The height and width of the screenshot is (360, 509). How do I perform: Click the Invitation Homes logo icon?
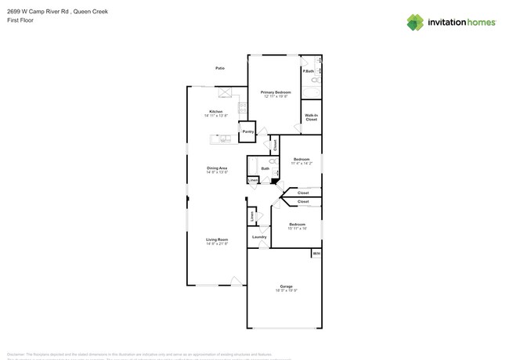click(x=415, y=22)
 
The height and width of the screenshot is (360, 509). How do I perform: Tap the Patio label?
click(x=220, y=68)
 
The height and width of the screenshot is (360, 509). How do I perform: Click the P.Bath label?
click(x=308, y=72)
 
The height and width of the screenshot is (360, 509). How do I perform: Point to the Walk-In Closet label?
click(x=311, y=117)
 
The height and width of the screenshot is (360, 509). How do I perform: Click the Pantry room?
click(x=247, y=131)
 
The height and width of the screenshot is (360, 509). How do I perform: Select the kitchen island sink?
click(x=224, y=139)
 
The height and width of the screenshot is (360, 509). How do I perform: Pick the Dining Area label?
click(x=217, y=167)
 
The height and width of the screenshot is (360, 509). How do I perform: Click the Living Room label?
click(x=217, y=239)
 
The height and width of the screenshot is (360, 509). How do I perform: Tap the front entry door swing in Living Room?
click(x=236, y=281)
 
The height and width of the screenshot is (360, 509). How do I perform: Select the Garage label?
click(x=287, y=286)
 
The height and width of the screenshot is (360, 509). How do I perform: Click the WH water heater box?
click(x=316, y=254)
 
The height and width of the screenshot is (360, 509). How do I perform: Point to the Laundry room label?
click(x=259, y=236)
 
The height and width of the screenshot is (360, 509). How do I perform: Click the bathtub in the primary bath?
click(x=311, y=92)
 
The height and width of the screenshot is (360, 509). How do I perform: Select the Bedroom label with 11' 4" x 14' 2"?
click(x=301, y=160)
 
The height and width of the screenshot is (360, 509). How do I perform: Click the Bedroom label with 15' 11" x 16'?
click(x=298, y=225)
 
